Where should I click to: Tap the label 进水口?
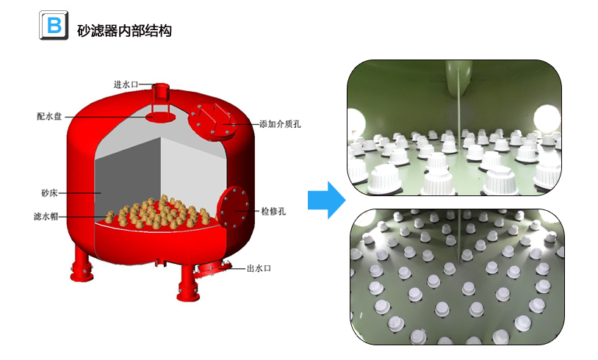[126, 84]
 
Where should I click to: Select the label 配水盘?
[49, 116]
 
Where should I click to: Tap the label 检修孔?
[273, 212]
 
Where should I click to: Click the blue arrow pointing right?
[326, 199]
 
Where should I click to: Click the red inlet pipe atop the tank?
[159, 95]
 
